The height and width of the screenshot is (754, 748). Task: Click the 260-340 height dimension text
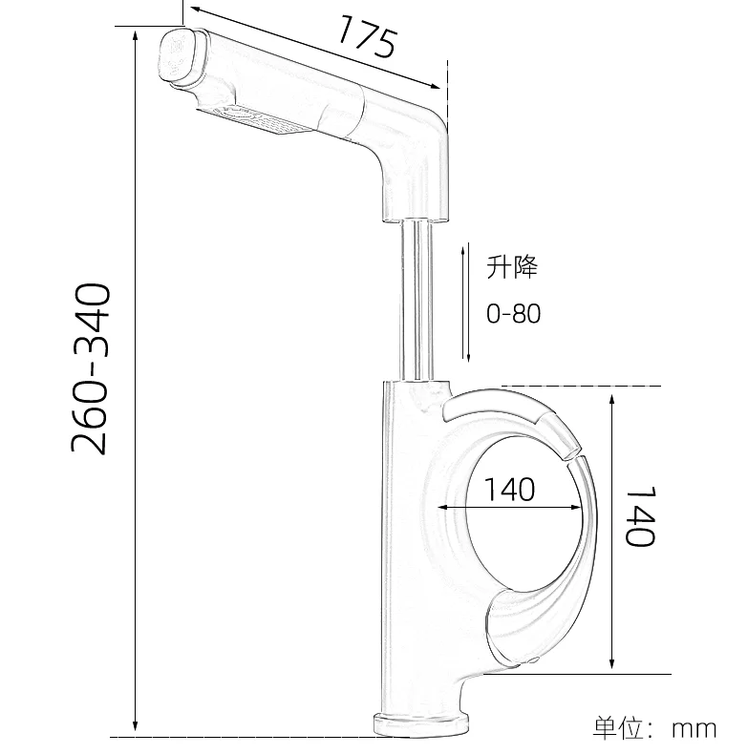93,367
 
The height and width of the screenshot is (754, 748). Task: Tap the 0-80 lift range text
513,313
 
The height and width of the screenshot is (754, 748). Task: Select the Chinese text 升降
512,268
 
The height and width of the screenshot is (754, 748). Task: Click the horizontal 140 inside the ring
509,489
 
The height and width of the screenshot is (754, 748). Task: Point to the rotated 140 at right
640,515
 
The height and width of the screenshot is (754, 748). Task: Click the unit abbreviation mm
695,729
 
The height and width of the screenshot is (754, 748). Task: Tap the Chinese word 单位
620,729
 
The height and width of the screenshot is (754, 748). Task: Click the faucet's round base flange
421,725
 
